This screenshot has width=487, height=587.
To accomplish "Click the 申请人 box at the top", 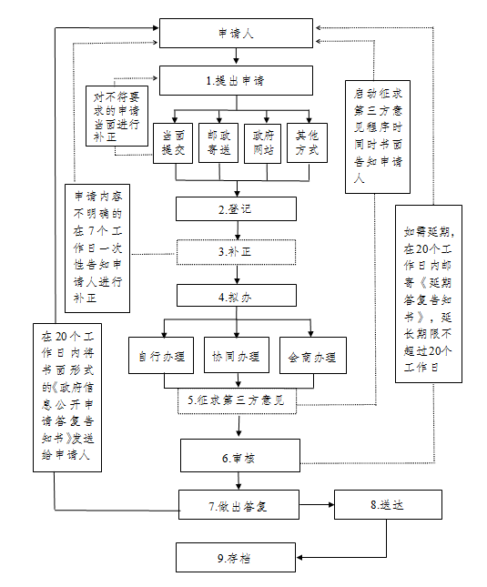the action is (x=236, y=34).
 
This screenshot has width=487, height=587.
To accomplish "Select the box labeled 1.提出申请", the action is (x=236, y=80).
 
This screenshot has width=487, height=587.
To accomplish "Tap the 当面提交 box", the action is (x=173, y=143).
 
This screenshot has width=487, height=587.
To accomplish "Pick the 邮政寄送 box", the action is (x=218, y=143).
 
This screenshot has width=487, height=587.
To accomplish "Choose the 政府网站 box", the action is (x=262, y=144).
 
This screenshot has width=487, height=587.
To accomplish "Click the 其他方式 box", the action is (x=307, y=143).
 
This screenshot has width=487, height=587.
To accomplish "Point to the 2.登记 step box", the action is (x=236, y=209).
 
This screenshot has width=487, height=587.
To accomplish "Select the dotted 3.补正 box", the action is (x=236, y=252).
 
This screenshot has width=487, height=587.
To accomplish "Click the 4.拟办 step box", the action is (x=237, y=296).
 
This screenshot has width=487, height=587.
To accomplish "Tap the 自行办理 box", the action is (x=161, y=355).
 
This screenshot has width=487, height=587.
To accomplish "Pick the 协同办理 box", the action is (x=237, y=355).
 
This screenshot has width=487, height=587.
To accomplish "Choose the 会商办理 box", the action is (x=313, y=355).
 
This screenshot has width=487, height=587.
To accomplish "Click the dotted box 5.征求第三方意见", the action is (x=237, y=401).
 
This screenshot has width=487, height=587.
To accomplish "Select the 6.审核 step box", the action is (x=240, y=456).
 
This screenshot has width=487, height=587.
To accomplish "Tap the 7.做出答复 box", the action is (x=238, y=505).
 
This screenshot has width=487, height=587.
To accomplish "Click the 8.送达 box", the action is (x=388, y=505).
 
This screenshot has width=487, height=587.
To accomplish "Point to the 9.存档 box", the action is (x=236, y=558).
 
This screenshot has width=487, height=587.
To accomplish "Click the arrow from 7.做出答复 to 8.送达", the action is (x=317, y=505).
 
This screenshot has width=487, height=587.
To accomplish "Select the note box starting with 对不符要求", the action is (x=117, y=116).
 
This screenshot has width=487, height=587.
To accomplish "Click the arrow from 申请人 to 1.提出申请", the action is (x=236, y=56).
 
